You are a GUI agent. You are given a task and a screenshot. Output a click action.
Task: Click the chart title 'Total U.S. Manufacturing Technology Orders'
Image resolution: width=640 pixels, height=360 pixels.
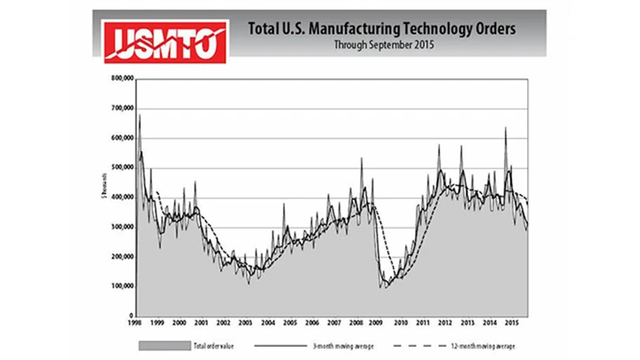tap(382, 29)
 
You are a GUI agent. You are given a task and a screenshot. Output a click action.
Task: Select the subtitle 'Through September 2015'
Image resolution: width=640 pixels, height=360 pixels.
tap(382, 44)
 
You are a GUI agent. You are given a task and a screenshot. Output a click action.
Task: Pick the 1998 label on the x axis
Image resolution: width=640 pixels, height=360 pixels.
tap(132, 323)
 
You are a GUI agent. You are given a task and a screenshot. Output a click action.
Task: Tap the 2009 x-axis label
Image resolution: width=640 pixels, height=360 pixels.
tap(378, 323)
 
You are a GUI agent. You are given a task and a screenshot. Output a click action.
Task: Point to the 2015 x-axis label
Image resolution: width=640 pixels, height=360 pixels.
tap(513, 323)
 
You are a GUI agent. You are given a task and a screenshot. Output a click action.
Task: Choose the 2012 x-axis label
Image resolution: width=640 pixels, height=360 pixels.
tap(445, 323)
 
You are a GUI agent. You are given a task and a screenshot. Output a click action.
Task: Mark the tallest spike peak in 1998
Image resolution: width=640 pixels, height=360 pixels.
tap(139, 115)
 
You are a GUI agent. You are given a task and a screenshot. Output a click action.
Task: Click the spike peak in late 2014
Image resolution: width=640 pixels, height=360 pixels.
tap(505, 128)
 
